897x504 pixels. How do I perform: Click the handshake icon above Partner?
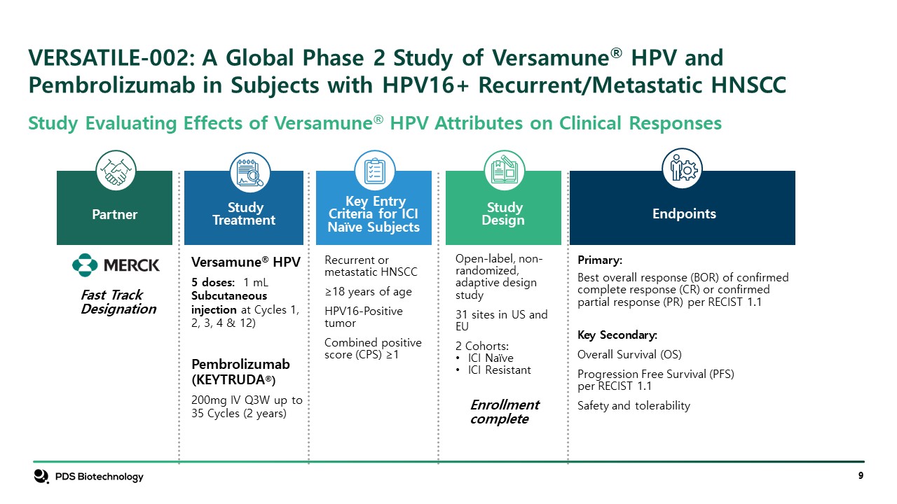[x=116, y=171]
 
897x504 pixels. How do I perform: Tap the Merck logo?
[x=116, y=265]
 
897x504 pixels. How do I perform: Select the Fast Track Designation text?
[x=118, y=302]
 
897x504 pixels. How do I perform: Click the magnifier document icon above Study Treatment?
[x=250, y=172]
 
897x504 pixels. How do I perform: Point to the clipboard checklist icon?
[x=375, y=171]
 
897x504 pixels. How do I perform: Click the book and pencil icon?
[x=504, y=171]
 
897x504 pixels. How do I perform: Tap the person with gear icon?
[x=682, y=169]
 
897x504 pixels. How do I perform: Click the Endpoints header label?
[x=684, y=213]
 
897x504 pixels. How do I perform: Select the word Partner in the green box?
[x=114, y=214]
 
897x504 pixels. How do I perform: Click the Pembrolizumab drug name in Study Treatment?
[x=240, y=364]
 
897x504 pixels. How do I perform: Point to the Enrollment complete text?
[x=505, y=412]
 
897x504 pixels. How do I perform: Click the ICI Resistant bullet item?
[x=493, y=370]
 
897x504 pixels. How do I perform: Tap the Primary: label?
[x=599, y=260]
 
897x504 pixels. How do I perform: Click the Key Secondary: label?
[x=617, y=335]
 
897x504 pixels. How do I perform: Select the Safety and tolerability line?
[x=634, y=405]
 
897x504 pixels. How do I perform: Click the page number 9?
[x=861, y=475]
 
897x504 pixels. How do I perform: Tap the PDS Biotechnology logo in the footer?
[x=88, y=477]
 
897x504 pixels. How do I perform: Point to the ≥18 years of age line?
[x=368, y=292]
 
